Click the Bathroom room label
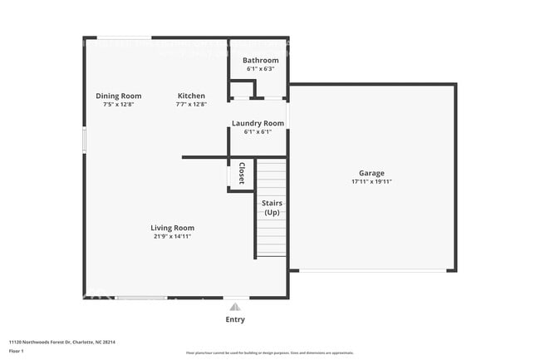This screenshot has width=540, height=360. (260, 61)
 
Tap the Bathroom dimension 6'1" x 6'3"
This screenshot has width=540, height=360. (260, 69)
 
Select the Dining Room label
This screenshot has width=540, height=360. (118, 96)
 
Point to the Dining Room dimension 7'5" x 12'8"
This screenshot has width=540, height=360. (118, 105)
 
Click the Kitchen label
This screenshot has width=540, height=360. (190, 96)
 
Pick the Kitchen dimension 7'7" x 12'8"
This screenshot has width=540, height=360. (190, 105)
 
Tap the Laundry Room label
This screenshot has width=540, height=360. (258, 123)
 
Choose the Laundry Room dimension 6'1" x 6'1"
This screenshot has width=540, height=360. (258, 131)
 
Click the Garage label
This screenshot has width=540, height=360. (371, 173)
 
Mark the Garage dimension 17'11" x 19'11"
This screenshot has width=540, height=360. (371, 181)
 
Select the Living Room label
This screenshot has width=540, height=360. (172, 228)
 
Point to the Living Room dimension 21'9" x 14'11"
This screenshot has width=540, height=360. (172, 236)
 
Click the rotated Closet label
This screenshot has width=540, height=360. (242, 175)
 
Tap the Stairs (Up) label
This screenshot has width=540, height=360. (272, 208)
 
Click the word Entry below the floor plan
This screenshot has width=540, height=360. (235, 319)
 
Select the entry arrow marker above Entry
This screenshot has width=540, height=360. (235, 307)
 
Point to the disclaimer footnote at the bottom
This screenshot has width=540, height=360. (269, 353)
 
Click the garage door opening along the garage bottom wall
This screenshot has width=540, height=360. (371, 270)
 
